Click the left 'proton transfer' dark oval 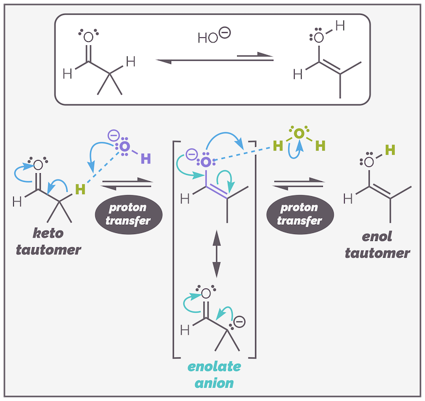click(x=127, y=213)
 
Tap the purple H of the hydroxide click(x=146, y=158)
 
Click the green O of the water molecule click(x=299, y=134)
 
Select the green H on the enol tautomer click(x=390, y=150)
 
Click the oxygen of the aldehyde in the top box click(x=88, y=38)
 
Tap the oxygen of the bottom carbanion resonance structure click(x=206, y=293)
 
